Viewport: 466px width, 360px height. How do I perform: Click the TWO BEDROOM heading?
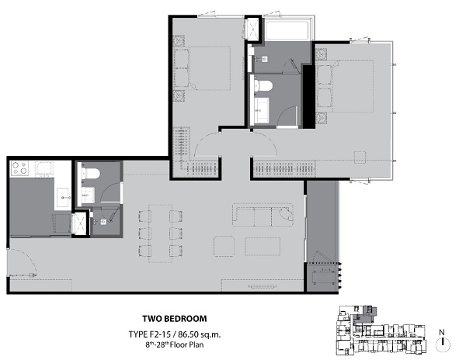175,319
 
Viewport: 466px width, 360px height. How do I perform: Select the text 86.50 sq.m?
200,334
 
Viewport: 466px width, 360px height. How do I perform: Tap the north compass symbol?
443,341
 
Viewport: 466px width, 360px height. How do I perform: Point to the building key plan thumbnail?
381,331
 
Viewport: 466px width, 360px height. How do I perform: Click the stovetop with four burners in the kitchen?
19,168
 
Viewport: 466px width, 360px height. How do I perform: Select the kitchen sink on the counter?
64,197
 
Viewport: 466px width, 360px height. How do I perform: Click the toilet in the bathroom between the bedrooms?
263,85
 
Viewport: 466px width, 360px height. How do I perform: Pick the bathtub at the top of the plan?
287,29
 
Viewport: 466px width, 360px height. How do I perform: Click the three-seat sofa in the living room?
263,215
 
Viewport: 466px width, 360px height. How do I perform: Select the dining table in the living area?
161,234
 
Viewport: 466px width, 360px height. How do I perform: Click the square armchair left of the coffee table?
224,246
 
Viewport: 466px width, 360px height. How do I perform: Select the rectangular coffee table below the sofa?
263,246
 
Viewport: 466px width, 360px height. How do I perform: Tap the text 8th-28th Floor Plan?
175,344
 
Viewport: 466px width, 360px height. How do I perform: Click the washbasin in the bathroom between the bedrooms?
263,110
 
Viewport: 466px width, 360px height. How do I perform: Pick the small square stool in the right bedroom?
360,157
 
